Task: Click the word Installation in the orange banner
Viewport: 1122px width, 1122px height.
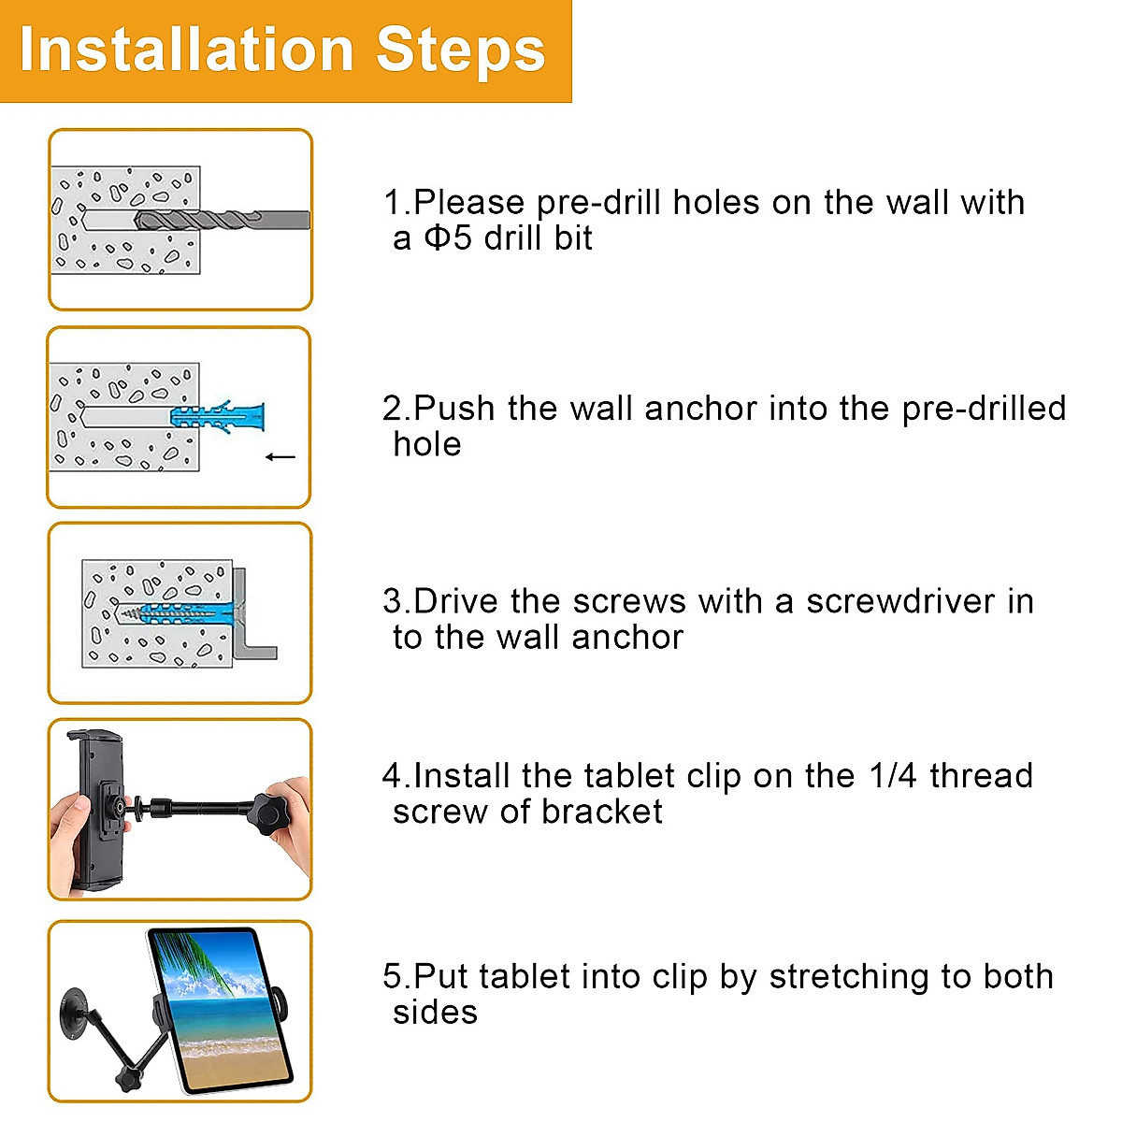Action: click(x=186, y=50)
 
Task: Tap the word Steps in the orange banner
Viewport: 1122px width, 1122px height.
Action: click(x=460, y=52)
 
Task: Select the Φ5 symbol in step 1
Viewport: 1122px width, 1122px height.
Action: click(x=448, y=237)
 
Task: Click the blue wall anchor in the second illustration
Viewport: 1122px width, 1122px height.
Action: click(x=218, y=417)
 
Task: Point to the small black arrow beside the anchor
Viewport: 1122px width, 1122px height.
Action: click(x=280, y=457)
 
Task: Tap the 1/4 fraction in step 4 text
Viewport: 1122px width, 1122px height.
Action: click(x=893, y=776)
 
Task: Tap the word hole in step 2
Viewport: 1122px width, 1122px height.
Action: click(x=427, y=445)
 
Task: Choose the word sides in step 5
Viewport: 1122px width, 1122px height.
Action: click(x=435, y=1014)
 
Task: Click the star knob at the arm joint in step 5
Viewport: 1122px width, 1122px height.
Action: click(x=128, y=1077)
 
